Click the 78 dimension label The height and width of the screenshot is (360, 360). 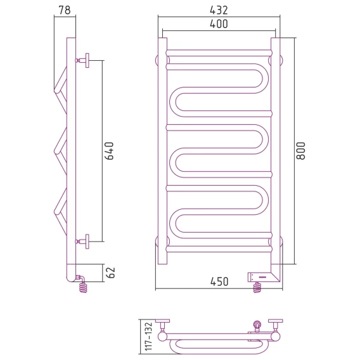coord(65,10)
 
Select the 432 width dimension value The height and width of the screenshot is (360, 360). coord(219,10)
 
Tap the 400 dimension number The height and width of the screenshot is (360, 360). coord(219,24)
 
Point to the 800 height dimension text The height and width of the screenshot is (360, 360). coord(301,151)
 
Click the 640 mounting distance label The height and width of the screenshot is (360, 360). coord(109,151)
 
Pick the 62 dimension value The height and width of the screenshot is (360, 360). coord(111,273)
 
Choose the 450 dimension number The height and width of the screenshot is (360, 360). coord(219,281)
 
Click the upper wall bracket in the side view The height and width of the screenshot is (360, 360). coord(82,60)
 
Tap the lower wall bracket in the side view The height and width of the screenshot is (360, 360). coord(82,241)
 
